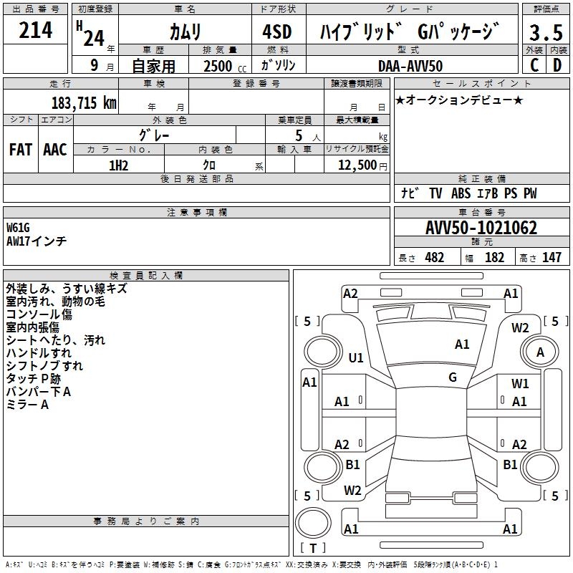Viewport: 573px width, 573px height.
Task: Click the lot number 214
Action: tap(36, 31)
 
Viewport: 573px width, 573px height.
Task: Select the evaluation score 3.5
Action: tap(546, 32)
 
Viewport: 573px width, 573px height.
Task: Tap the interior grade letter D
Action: tap(557, 64)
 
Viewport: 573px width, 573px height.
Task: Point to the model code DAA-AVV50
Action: tap(410, 65)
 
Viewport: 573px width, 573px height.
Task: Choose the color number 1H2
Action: tap(118, 165)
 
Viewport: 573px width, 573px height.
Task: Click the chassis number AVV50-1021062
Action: tap(481, 228)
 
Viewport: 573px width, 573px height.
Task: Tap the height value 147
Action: tap(551, 258)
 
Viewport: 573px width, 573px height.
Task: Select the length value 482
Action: tap(433, 258)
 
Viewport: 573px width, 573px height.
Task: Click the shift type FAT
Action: tap(20, 150)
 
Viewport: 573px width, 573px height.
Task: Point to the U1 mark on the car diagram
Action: tap(356, 357)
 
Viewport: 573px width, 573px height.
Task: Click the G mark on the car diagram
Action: tap(453, 377)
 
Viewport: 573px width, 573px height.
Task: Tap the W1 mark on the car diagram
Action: tap(520, 384)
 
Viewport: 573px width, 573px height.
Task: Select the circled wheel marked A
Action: tap(540, 352)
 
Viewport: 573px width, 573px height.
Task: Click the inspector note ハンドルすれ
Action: tap(39, 352)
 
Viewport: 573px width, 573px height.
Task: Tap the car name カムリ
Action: tap(186, 32)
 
